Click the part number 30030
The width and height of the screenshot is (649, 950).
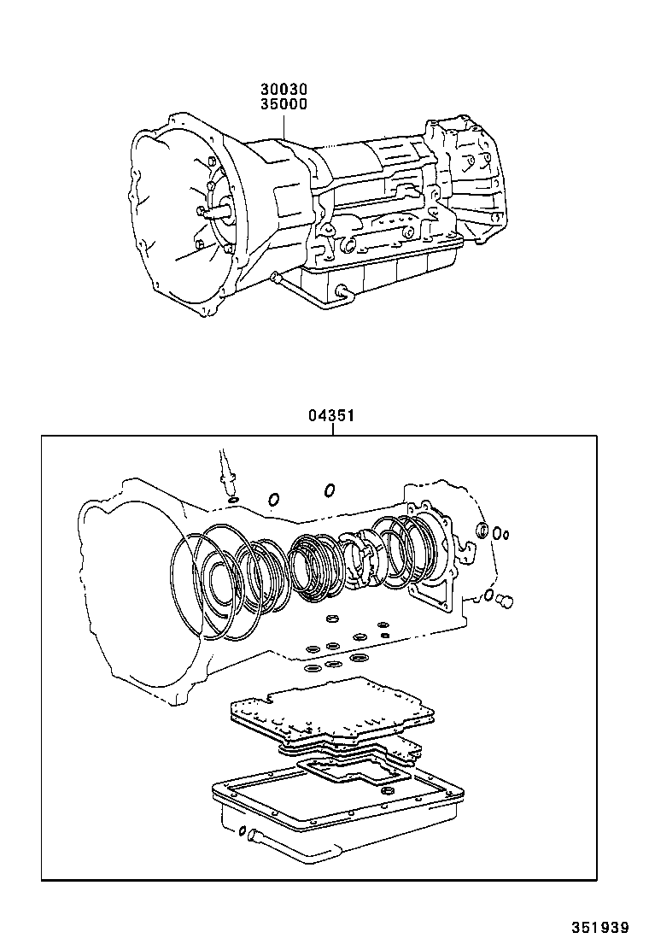coord(284,91)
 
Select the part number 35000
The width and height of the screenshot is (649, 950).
coord(284,104)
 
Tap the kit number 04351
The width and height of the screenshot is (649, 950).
coord(331,415)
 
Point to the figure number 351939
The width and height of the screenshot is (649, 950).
coord(600,927)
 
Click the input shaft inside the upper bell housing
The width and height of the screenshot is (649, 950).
coord(218,212)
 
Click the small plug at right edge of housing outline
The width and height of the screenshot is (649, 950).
coord(505,601)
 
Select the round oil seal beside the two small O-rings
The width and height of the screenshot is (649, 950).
coord(483,528)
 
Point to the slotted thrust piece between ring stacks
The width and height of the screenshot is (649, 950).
coord(361,557)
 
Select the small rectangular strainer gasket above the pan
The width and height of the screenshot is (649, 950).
coord(355,778)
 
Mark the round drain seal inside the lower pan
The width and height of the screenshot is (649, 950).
coord(388,793)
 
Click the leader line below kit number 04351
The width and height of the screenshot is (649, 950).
coord(332,430)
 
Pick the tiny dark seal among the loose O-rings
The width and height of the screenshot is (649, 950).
coord(384,636)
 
